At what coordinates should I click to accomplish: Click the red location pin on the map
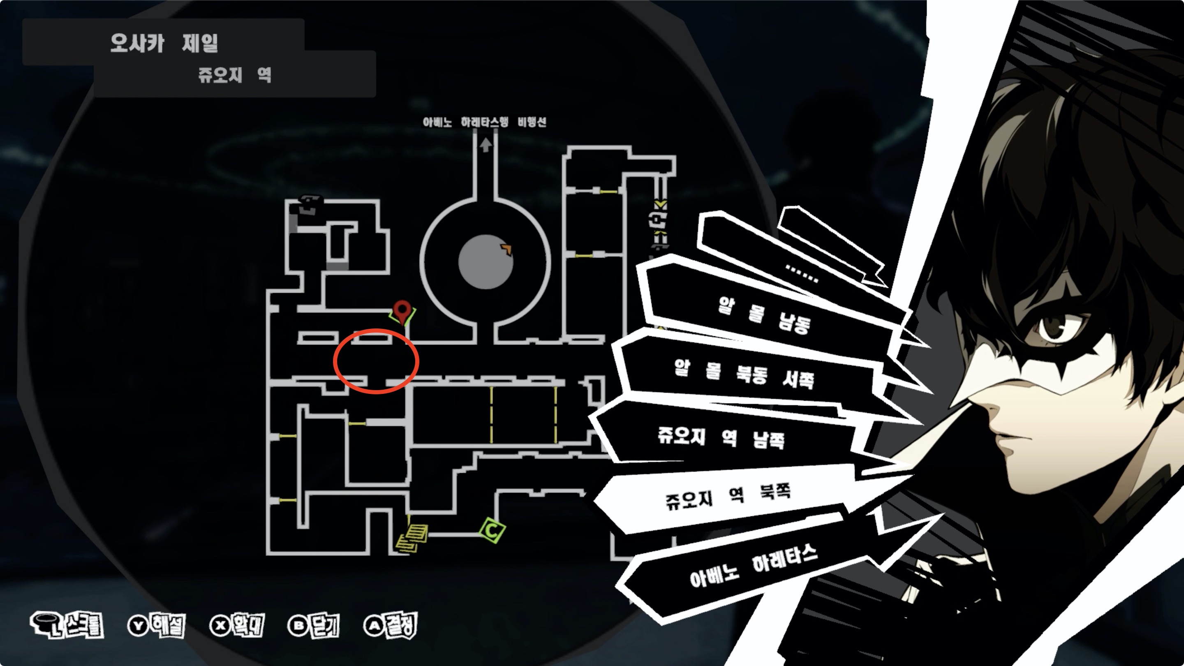point(402,311)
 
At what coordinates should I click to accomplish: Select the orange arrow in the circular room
point(506,249)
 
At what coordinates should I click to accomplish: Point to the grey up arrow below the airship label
point(486,145)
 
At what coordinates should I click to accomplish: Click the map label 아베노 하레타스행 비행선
point(484,122)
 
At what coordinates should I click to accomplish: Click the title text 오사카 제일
point(164,43)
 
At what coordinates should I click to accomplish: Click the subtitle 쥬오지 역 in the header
point(234,75)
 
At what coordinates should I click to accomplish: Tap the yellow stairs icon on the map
point(412,537)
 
